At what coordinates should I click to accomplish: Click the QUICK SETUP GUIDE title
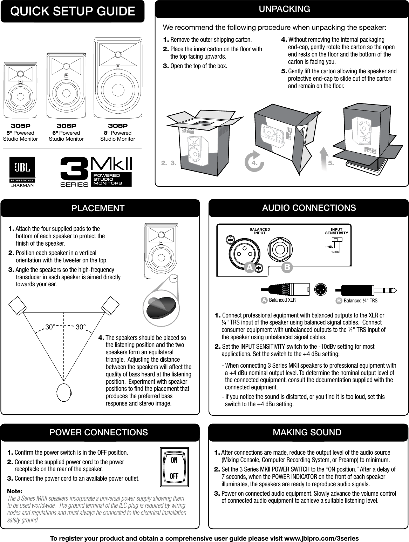[x=73, y=12]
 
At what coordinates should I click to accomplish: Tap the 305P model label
[x=20, y=126]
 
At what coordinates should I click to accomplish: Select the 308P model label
[x=117, y=126]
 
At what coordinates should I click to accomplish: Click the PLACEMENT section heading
[x=98, y=208]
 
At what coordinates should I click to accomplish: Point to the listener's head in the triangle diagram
[x=64, y=391]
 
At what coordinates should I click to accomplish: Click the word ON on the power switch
[x=174, y=460]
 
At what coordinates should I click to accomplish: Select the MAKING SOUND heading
[x=307, y=432]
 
